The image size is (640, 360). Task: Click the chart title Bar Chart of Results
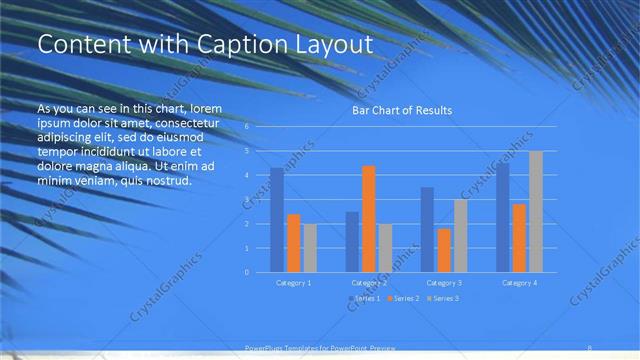[x=401, y=110]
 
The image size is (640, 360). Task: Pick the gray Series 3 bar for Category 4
[x=536, y=211]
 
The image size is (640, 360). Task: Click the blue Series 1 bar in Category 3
[x=427, y=229]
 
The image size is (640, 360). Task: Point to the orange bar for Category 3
[x=444, y=250]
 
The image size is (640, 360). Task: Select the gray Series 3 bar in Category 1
[x=310, y=248]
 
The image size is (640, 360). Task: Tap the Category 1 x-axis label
[x=294, y=283]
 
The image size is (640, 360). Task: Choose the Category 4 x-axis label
[x=519, y=283]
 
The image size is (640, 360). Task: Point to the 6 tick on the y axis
[x=247, y=127]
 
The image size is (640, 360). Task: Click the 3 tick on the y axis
[x=247, y=199]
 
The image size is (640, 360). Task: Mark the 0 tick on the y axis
[x=247, y=272]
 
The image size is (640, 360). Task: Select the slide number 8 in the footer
[x=589, y=347]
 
